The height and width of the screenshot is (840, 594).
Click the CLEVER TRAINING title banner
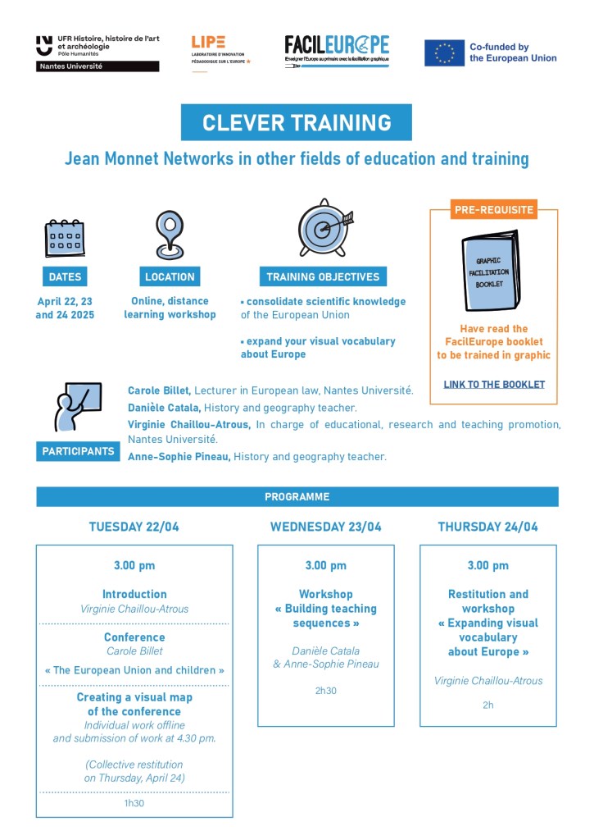click(x=297, y=123)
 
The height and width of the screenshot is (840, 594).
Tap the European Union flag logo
click(x=444, y=52)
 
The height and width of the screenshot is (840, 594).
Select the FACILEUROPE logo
click(x=337, y=50)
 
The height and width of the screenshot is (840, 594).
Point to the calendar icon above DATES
click(x=65, y=239)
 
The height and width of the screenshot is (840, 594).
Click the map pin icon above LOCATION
click(x=170, y=234)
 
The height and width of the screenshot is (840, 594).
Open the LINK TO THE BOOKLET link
click(x=494, y=384)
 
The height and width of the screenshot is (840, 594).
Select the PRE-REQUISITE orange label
click(x=494, y=210)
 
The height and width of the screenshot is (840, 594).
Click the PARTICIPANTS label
click(x=78, y=451)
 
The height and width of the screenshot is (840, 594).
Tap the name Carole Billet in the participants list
click(x=160, y=390)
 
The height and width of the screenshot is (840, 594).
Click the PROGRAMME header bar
click(x=297, y=497)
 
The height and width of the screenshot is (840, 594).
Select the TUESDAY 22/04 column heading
click(x=134, y=527)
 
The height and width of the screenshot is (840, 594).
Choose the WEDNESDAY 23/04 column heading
click(x=326, y=527)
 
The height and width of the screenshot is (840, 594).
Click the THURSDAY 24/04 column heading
click(x=488, y=527)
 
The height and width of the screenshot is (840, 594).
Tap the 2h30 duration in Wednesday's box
click(x=326, y=691)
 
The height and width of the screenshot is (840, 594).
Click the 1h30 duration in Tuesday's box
click(x=134, y=803)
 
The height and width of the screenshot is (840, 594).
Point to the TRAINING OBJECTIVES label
click(x=322, y=277)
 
